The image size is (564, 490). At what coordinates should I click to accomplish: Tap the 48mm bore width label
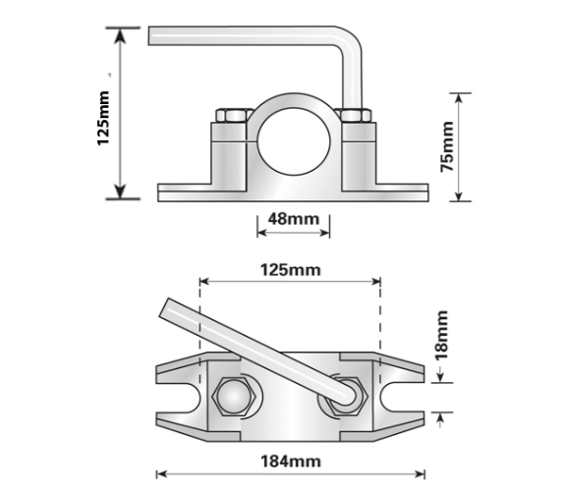point(294,218)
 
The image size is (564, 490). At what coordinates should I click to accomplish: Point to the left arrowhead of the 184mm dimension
point(159,459)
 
